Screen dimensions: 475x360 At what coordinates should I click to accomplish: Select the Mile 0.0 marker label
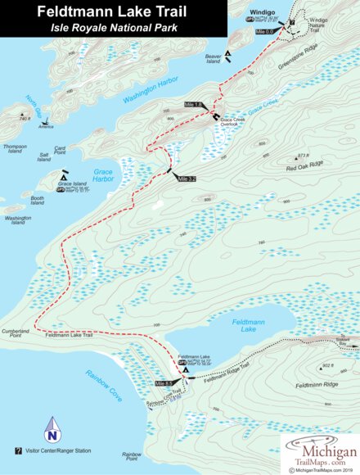click(265, 31)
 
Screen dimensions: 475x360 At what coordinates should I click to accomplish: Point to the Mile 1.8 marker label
click(193, 106)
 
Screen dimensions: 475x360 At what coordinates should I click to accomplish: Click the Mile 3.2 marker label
click(186, 178)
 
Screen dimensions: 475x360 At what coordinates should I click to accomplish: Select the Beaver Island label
click(214, 60)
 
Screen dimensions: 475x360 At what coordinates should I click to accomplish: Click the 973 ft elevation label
click(304, 155)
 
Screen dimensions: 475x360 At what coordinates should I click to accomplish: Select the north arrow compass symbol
click(52, 425)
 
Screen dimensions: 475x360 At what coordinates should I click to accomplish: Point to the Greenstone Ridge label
click(298, 61)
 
